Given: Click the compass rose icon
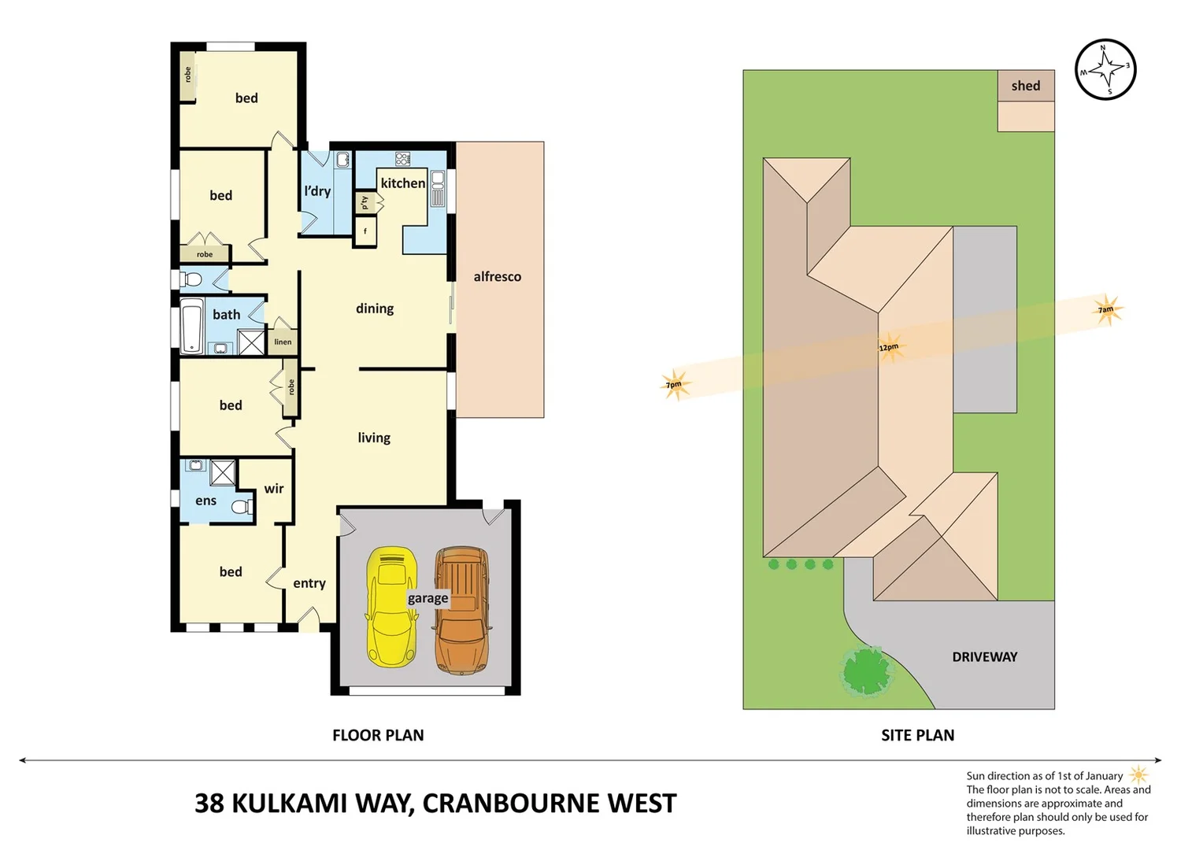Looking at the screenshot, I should tap(1105, 69).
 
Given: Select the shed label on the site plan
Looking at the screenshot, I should tap(1025, 86).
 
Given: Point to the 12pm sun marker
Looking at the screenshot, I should tap(890, 346).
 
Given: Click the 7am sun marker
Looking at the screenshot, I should tap(1107, 309).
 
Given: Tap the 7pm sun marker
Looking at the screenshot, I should tap(675, 384).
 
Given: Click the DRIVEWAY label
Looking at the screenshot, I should tap(984, 656).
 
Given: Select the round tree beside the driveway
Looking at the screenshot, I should tap(866, 671).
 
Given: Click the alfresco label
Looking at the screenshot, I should tap(497, 276).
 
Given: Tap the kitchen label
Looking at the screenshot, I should tap(402, 183).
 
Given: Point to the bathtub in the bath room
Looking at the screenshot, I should tap(192, 327).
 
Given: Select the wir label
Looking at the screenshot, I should tap(273, 489).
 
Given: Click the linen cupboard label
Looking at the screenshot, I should tap(283, 342).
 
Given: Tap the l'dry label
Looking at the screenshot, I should tap(317, 190).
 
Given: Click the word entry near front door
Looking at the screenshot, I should tap(309, 583).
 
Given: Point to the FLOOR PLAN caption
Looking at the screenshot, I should tap(378, 735).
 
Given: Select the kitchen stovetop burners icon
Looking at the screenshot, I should tap(402, 158).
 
